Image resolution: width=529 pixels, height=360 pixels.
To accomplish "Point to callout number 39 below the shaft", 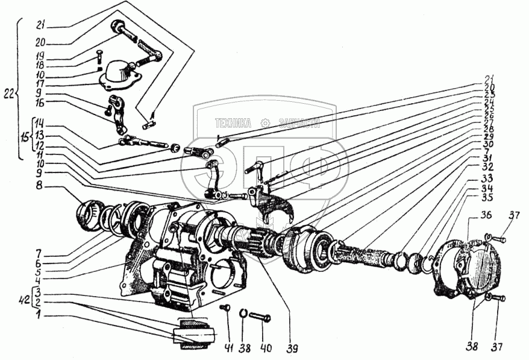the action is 292,348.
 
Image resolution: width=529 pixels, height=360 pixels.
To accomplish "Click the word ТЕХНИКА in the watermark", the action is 233,123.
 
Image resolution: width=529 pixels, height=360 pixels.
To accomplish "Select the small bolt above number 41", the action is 225,309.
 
